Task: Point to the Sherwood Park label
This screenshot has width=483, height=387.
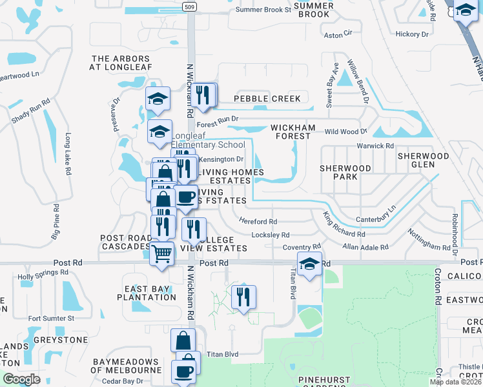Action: tap(345, 172)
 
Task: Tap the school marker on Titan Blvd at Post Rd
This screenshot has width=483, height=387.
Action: tap(309, 264)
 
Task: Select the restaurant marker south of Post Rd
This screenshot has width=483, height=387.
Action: tap(243, 297)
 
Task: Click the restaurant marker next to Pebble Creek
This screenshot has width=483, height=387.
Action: tap(203, 95)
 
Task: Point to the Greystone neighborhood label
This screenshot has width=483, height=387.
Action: tap(57, 340)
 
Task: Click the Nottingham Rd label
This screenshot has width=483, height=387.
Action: tap(429, 241)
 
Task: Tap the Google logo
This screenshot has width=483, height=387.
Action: tap(21, 379)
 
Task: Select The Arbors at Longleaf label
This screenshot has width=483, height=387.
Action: tap(121, 62)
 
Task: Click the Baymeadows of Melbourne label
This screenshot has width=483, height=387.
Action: tap(126, 366)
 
